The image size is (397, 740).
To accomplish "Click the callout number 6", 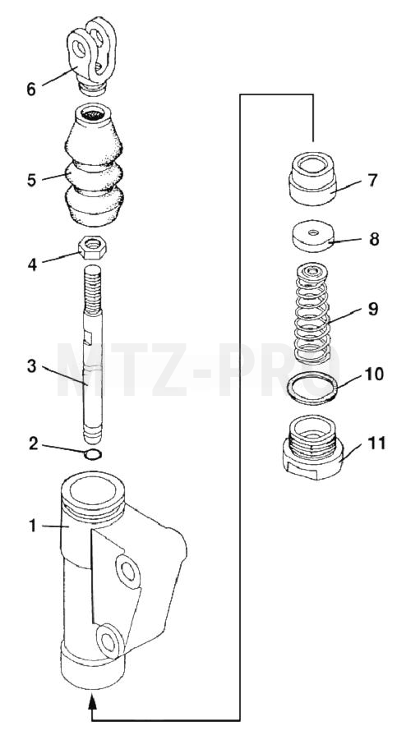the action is click(x=31, y=89).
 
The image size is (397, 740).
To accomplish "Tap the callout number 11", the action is click(x=376, y=444).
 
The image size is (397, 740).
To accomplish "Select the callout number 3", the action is click(x=31, y=365).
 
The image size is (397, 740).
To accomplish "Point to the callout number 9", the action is click(x=373, y=309).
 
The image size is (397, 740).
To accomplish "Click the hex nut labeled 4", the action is click(x=93, y=248).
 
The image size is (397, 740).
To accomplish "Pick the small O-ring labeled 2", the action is click(x=93, y=454).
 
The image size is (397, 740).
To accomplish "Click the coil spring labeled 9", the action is click(x=312, y=314).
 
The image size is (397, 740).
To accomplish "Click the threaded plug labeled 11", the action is click(x=313, y=447).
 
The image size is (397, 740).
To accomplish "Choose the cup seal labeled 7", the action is click(x=312, y=179).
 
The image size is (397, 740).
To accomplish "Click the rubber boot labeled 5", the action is click(x=95, y=165).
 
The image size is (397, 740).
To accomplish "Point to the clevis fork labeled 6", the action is click(x=92, y=56).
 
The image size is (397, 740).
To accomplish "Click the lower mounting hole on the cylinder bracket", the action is click(x=110, y=641).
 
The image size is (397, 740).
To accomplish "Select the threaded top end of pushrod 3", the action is click(x=93, y=290).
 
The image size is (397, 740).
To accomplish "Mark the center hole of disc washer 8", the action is click(x=312, y=232).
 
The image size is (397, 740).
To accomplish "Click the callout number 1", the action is click(x=33, y=526).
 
